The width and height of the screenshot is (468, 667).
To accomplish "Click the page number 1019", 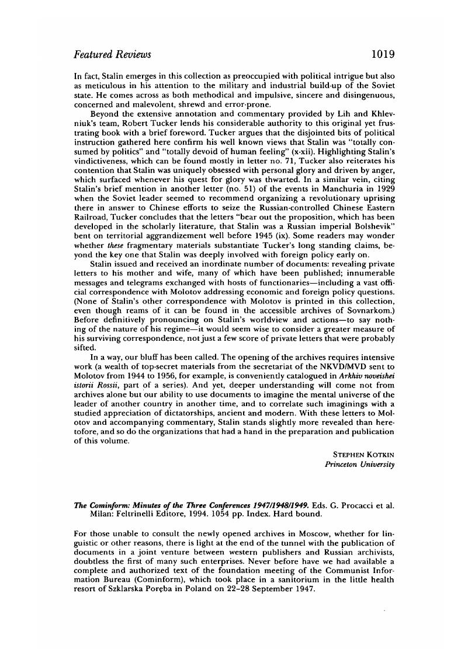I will [383, 54].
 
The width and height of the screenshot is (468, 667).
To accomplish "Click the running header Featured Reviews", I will [112, 54].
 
